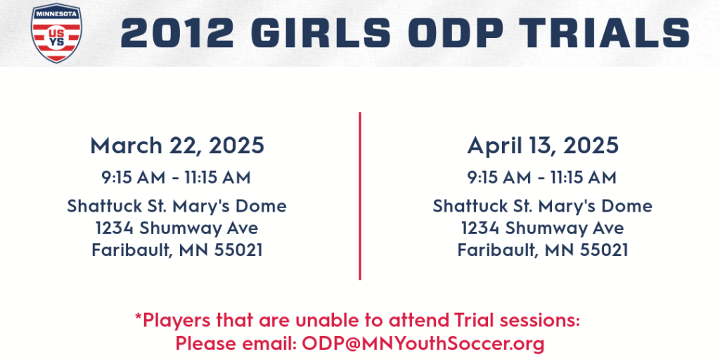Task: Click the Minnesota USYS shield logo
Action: [x=56, y=33]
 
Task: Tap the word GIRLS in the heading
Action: [x=321, y=32]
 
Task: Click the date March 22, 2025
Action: [x=177, y=146]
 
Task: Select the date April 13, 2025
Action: [x=543, y=146]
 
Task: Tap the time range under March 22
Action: [x=176, y=178]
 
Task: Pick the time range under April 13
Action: [x=542, y=178]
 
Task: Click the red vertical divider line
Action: [x=360, y=195]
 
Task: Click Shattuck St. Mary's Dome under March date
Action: [x=176, y=206]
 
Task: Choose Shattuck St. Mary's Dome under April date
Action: [x=542, y=206]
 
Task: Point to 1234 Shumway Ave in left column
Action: [x=176, y=229]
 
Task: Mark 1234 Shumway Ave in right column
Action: [x=542, y=229]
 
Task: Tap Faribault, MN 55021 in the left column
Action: [x=177, y=251]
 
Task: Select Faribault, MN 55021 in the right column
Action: [x=543, y=251]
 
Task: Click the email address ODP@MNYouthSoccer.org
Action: [x=423, y=343]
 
